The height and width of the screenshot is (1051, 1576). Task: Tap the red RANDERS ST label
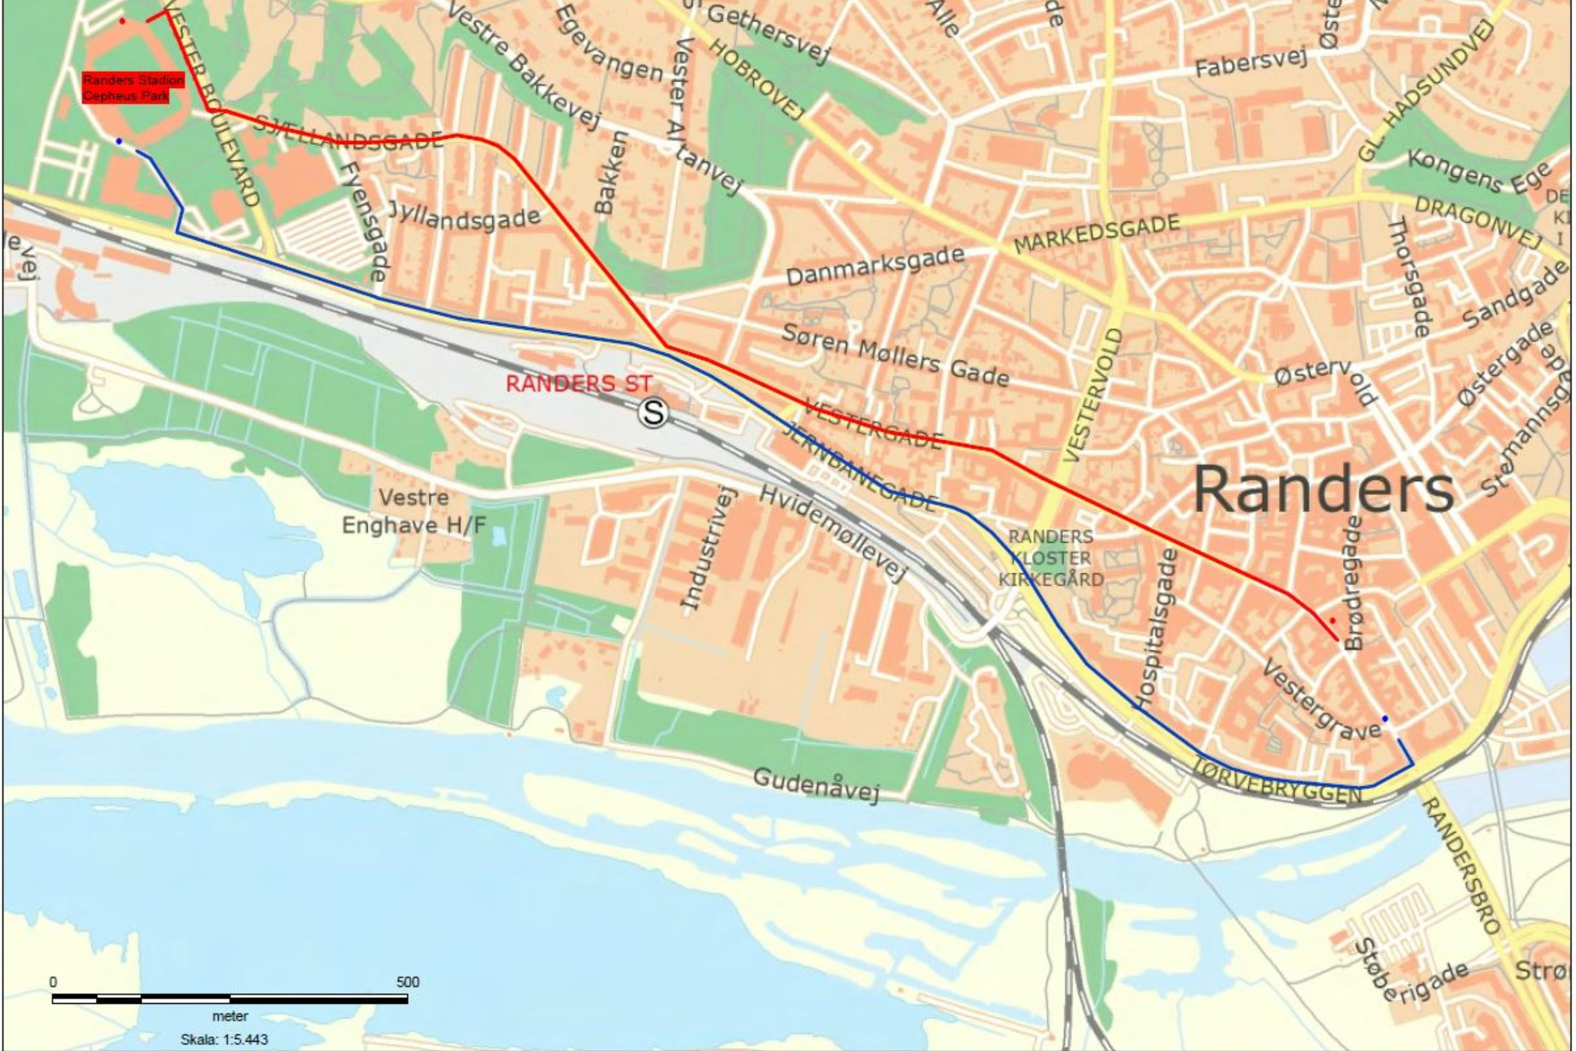pos(578,384)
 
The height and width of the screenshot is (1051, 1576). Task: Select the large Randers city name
pos(1323,490)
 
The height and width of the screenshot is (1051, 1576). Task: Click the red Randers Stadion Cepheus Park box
pos(133,88)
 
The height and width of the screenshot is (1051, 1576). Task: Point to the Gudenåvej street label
pos(815,784)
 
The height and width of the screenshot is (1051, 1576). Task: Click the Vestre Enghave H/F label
pos(413,511)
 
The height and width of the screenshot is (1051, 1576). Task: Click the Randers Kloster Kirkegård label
pos(1051,558)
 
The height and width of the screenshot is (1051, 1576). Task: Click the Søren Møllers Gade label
pos(895,356)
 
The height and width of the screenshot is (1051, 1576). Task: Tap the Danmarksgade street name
pos(875,265)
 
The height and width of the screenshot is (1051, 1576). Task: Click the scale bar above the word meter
pos(230,1000)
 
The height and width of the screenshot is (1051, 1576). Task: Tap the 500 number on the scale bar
pos(408,982)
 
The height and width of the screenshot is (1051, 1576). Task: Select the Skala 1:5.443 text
pos(224,1039)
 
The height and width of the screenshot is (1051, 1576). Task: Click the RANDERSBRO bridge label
pos(1462,865)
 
